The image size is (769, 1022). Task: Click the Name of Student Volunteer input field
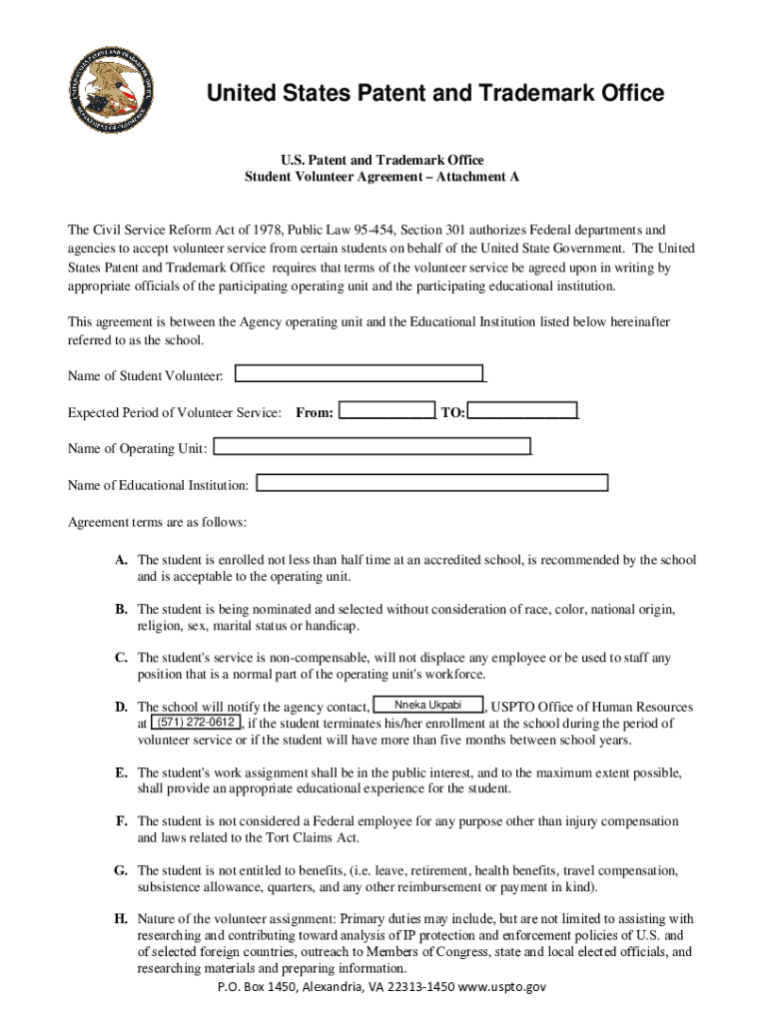pos(359,374)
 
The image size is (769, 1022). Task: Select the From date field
pos(386,411)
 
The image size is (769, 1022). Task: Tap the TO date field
pos(522,411)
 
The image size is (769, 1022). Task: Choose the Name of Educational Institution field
pos(432,484)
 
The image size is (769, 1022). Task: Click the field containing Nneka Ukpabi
pos(428,706)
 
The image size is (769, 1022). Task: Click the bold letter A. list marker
pos(120,561)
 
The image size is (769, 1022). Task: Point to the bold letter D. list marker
pos(120,708)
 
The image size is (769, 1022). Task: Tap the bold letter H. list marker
pos(120,918)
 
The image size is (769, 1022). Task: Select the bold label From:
pos(315,412)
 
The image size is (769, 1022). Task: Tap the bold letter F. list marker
pos(120,821)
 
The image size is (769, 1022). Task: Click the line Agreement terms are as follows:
pos(157,523)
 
